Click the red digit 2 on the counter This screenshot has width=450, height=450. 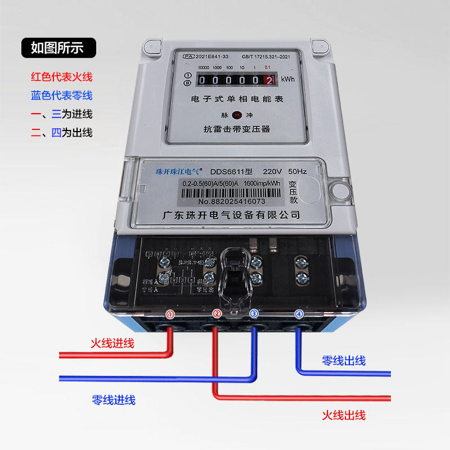270,80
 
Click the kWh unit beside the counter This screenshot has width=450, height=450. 287,79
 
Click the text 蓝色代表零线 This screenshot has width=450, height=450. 62,96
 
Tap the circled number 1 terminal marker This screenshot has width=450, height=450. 170,314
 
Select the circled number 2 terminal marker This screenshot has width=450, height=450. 217,314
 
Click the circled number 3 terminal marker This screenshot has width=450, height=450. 254,314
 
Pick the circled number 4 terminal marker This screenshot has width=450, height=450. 299,314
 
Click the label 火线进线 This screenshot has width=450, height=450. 112,343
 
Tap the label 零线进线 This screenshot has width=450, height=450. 114,400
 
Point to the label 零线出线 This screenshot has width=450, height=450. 344,361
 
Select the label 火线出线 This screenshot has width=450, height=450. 344,416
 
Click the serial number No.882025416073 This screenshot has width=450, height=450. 231,201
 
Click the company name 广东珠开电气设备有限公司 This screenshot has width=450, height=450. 230,215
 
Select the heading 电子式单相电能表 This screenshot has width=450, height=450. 237,99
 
